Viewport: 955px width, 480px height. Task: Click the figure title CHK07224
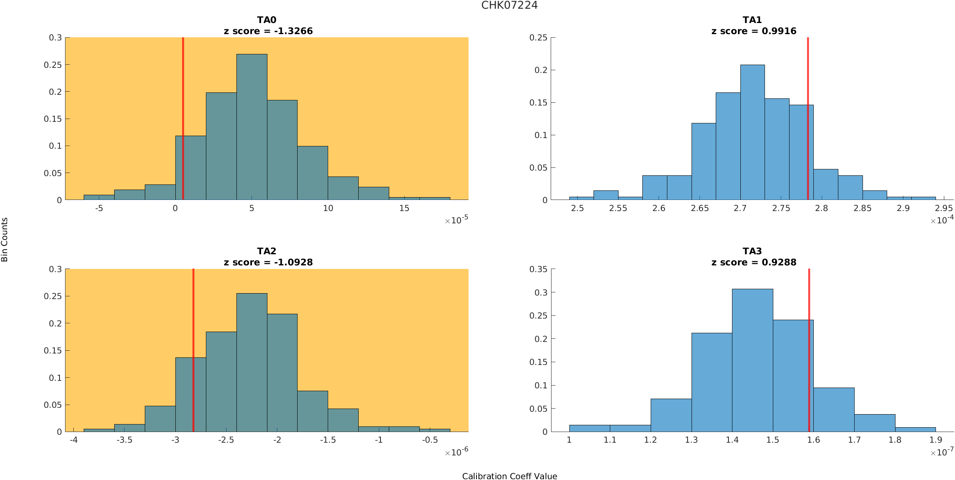(509, 5)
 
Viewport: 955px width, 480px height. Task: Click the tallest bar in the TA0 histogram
(252, 127)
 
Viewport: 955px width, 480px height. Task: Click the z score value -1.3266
(293, 31)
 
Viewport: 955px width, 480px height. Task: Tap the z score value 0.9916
(779, 31)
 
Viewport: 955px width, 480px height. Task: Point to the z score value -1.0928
(293, 262)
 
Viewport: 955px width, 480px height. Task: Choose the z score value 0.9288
(779, 262)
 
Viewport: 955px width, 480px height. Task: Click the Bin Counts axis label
(5, 240)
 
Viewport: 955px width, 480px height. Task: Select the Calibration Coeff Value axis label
(509, 476)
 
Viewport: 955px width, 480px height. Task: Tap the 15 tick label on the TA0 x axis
(404, 208)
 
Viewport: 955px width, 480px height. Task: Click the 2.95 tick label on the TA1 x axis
(943, 208)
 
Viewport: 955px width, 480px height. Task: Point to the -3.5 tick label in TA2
(125, 440)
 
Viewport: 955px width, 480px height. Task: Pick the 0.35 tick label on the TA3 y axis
(538, 269)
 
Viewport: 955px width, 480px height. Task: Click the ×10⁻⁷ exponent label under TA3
(942, 452)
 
